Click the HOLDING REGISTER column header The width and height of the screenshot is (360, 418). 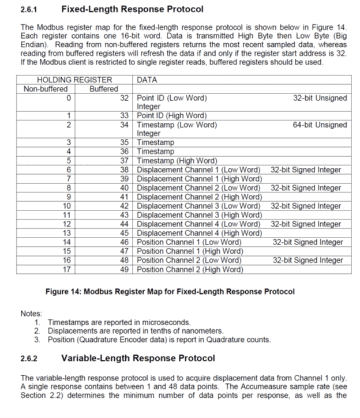[x=74, y=80]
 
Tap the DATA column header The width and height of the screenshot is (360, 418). [x=148, y=80]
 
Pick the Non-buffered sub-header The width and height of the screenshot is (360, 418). [x=46, y=89]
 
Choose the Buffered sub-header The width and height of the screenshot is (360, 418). [x=104, y=89]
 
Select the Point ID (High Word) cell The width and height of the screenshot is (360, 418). [x=172, y=115]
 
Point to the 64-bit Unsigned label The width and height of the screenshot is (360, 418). [x=320, y=125]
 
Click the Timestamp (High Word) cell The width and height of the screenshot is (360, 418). [x=177, y=160]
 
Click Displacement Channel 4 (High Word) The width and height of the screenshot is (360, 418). [x=200, y=233]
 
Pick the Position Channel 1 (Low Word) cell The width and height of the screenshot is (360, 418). [x=189, y=242]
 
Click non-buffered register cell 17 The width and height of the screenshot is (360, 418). [x=67, y=269]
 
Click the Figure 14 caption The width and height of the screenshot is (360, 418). [x=170, y=291]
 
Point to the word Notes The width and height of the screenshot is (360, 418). [x=32, y=313]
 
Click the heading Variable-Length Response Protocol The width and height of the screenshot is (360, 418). [x=138, y=358]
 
